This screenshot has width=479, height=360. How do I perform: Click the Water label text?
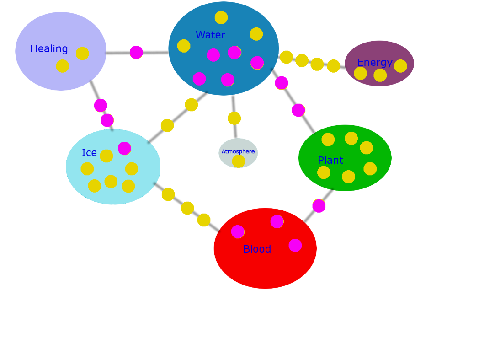pos(211,35)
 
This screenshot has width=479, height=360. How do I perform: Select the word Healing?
pos(49,49)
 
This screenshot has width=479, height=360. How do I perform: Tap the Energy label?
pos(374,62)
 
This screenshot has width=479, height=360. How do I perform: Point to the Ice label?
pos(89,153)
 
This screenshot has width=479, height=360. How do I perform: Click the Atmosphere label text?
pos(238,151)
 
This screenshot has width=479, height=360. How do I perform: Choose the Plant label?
pos(330,160)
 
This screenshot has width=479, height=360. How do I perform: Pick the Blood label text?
pos(257,249)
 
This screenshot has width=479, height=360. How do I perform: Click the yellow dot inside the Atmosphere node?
pos(238,161)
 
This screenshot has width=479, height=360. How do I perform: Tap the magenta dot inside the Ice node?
pos(124,148)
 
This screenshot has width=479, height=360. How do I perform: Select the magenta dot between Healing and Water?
pos(136,52)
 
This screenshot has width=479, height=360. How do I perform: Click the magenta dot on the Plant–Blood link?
pos(319,205)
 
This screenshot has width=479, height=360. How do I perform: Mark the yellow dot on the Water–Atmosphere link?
pos(234,118)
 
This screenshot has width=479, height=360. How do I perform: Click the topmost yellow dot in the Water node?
pos(221,17)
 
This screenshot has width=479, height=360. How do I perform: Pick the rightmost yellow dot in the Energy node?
pos(400,66)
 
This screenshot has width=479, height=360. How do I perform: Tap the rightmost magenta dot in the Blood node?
pos(295,245)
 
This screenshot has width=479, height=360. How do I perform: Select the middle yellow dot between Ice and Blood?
pos(187,208)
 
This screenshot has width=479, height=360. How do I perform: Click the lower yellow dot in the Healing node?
pos(62,66)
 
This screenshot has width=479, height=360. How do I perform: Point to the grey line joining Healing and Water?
pos(138,53)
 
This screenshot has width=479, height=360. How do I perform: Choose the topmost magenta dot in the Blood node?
pos(277,221)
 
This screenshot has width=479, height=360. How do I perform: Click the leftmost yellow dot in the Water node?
pos(184,46)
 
